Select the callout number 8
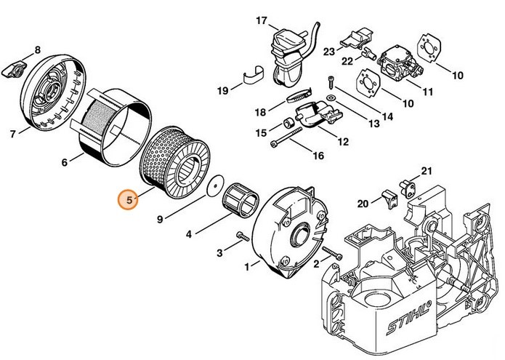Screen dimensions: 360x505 point(38,49)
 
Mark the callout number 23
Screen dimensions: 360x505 point(328,51)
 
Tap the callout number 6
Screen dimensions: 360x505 point(65,162)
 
